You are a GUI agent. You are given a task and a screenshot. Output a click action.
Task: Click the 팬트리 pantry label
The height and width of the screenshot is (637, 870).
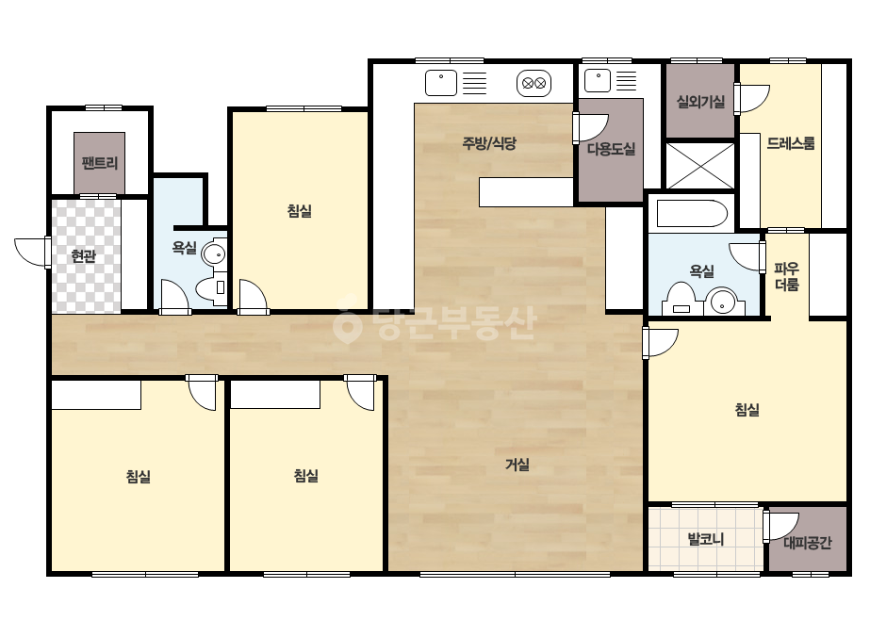click(x=99, y=163)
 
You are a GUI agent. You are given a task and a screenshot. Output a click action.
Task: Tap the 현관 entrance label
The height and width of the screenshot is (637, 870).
click(x=83, y=255)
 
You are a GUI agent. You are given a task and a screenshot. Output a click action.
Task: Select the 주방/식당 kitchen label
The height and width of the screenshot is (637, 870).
click(x=489, y=143)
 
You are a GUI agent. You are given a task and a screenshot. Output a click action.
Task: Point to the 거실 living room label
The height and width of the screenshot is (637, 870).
click(x=517, y=465)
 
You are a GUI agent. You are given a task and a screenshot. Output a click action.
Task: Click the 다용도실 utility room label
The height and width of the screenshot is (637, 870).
click(x=611, y=149)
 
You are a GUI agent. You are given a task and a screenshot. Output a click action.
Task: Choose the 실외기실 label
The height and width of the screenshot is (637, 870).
click(x=700, y=102)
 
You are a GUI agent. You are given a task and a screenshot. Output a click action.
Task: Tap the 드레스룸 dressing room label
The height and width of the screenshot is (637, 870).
click(x=791, y=143)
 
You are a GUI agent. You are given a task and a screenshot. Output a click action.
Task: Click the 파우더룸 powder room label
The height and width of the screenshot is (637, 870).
click(x=787, y=277)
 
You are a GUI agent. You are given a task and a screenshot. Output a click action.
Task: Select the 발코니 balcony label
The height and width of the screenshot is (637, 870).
click(x=706, y=539)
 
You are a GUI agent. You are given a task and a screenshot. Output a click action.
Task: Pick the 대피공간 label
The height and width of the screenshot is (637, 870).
click(x=807, y=542)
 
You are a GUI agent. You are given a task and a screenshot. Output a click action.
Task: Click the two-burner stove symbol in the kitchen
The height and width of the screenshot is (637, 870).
click(x=533, y=83)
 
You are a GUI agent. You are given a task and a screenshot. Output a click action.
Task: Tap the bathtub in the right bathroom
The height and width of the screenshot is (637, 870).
click(x=692, y=214)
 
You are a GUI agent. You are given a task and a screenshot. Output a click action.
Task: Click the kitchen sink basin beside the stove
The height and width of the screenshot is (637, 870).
click(x=441, y=83)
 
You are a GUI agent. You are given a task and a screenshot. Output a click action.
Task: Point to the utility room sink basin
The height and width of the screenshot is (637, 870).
click(x=598, y=81)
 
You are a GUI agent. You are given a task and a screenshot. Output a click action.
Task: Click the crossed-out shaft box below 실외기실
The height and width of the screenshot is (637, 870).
click(x=700, y=166)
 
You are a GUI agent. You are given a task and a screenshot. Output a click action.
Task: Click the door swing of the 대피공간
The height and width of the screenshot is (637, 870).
click(x=780, y=527)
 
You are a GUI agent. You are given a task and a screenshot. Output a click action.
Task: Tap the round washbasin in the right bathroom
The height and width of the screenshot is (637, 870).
click(x=723, y=302)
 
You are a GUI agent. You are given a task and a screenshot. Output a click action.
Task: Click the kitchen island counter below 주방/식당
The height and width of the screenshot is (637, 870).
click(x=526, y=192)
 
